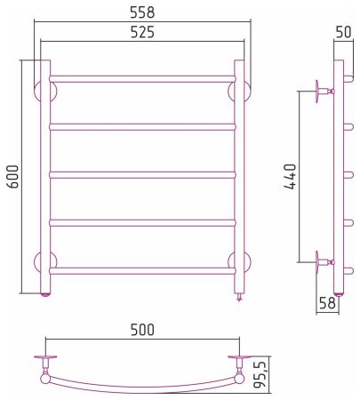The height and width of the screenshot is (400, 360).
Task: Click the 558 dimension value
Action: click(x=142, y=12)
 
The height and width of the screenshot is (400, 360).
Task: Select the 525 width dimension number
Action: click(x=142, y=32)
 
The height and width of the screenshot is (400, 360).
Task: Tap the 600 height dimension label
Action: click(x=13, y=176)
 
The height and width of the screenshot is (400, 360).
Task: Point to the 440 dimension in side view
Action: click(x=290, y=177)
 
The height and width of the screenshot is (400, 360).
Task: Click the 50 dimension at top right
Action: click(x=343, y=32)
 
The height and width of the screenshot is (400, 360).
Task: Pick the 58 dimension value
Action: click(x=327, y=303)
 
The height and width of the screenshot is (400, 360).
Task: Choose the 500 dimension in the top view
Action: click(x=142, y=330)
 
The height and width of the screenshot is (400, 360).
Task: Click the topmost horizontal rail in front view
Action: click(x=142, y=79)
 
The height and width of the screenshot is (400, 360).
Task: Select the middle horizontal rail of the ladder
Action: click(x=142, y=175)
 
